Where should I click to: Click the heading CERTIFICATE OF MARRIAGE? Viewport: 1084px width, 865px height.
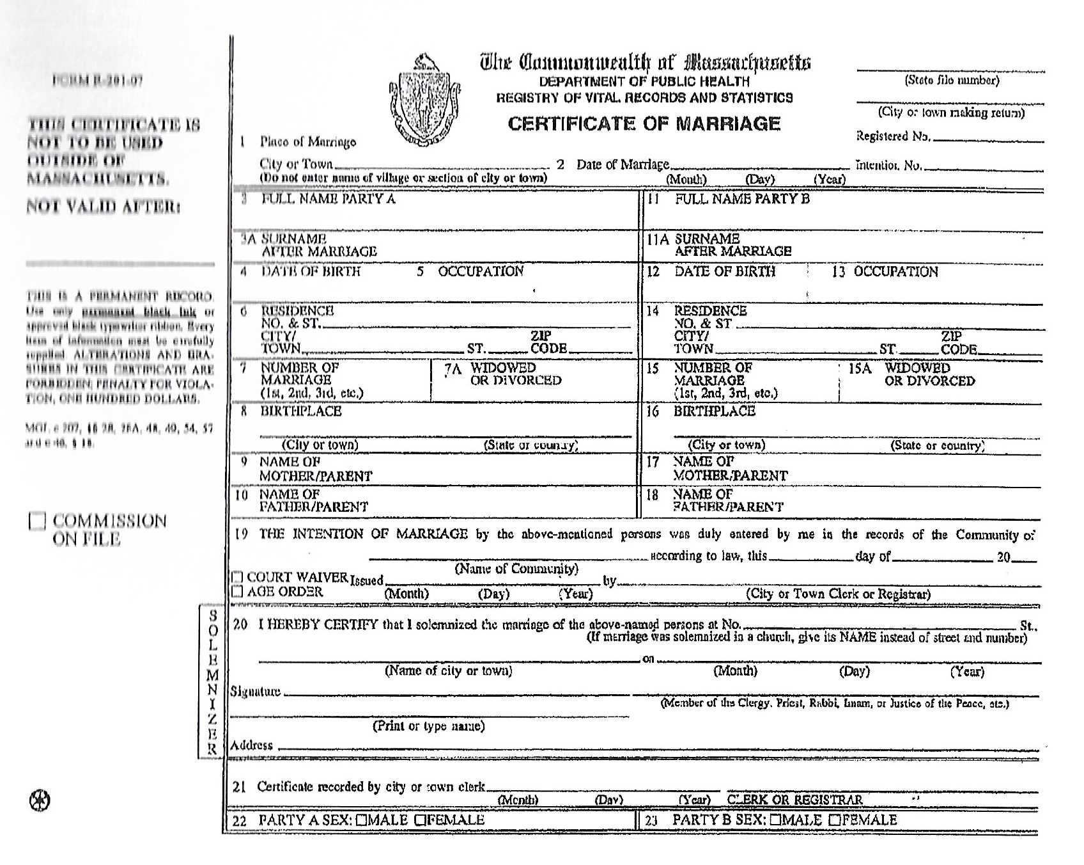tap(644, 123)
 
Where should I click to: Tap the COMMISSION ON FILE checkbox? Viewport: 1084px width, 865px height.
tap(38, 521)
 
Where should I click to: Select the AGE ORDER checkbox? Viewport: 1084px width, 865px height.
tap(238, 592)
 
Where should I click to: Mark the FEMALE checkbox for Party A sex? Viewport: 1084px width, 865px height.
tap(420, 820)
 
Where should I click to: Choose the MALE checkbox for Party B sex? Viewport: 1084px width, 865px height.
tap(776, 820)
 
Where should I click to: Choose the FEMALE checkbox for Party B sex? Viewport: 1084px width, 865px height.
tap(834, 820)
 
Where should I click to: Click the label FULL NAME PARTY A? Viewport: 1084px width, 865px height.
tap(328, 199)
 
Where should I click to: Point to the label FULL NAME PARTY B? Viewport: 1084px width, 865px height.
tap(741, 199)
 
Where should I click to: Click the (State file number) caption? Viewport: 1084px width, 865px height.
tap(952, 81)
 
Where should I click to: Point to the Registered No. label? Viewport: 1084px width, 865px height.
tap(893, 136)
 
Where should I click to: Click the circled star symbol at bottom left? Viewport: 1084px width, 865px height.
tap(40, 800)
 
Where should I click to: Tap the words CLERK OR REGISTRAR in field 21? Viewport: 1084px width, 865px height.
tap(794, 800)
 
